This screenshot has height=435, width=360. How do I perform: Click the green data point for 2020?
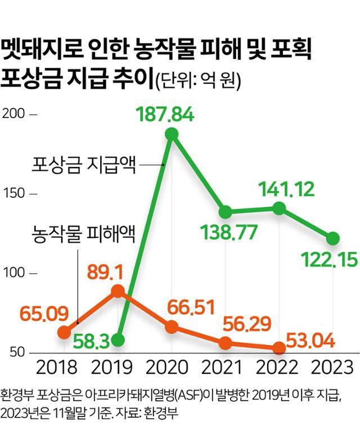[x=172, y=134]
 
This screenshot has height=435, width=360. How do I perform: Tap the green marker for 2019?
[x=118, y=340]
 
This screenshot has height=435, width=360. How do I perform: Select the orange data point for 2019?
[x=118, y=291]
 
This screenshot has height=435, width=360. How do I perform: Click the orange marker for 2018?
[x=64, y=333]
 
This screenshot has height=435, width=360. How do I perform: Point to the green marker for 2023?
[x=334, y=238]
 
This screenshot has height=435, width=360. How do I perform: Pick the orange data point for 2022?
[x=280, y=348]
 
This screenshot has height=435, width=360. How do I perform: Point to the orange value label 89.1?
[x=116, y=271]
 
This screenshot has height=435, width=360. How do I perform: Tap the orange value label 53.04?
[x=312, y=340]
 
